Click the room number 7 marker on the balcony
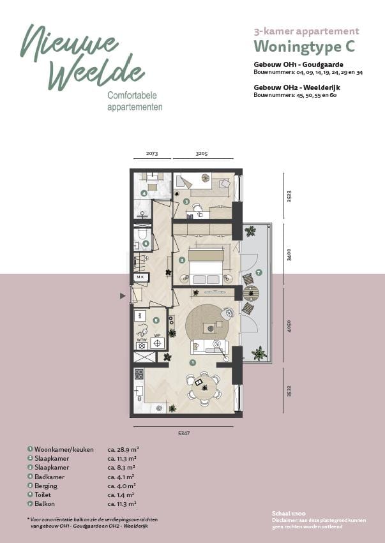(259, 273)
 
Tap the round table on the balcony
(251, 294)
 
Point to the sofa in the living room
(209, 346)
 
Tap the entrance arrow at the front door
(123, 296)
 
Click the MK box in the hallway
(139, 277)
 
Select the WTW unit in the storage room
(142, 343)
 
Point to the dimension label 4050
(289, 326)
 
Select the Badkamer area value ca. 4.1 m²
(121, 476)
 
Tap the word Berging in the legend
(45, 485)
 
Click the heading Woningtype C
(304, 47)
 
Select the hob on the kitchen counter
(138, 374)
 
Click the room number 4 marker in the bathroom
(144, 193)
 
